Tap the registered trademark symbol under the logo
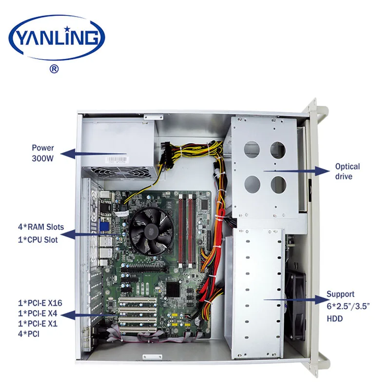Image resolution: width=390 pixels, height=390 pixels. (55, 69)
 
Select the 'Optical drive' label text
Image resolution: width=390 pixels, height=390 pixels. (347, 171)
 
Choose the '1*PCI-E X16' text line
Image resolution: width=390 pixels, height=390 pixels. (41, 302)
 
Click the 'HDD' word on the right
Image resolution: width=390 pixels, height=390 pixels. (334, 319)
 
